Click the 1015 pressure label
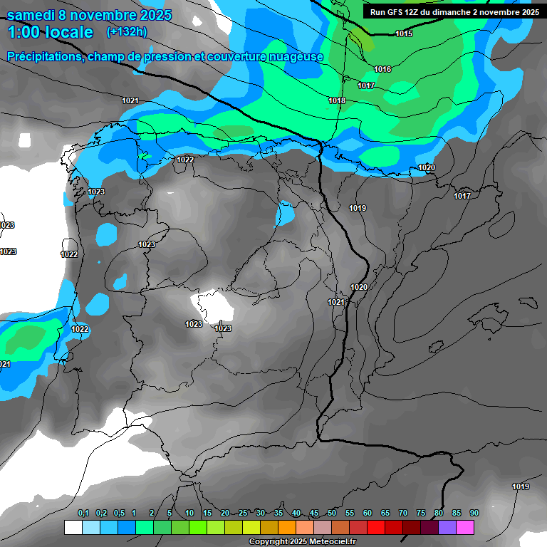coord(404,33)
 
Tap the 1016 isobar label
coord(382,69)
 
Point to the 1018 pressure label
coord(337,100)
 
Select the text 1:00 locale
coord(50,32)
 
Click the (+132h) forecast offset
coord(127,32)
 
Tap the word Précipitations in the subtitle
coord(44,57)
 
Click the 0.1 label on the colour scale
coord(83,514)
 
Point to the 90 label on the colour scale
coord(474,514)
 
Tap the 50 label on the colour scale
coord(332,514)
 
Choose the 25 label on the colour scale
coord(243,514)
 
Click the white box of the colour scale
coord(73,527)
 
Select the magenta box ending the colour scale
coord(465,527)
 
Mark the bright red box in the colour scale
coord(375,527)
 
